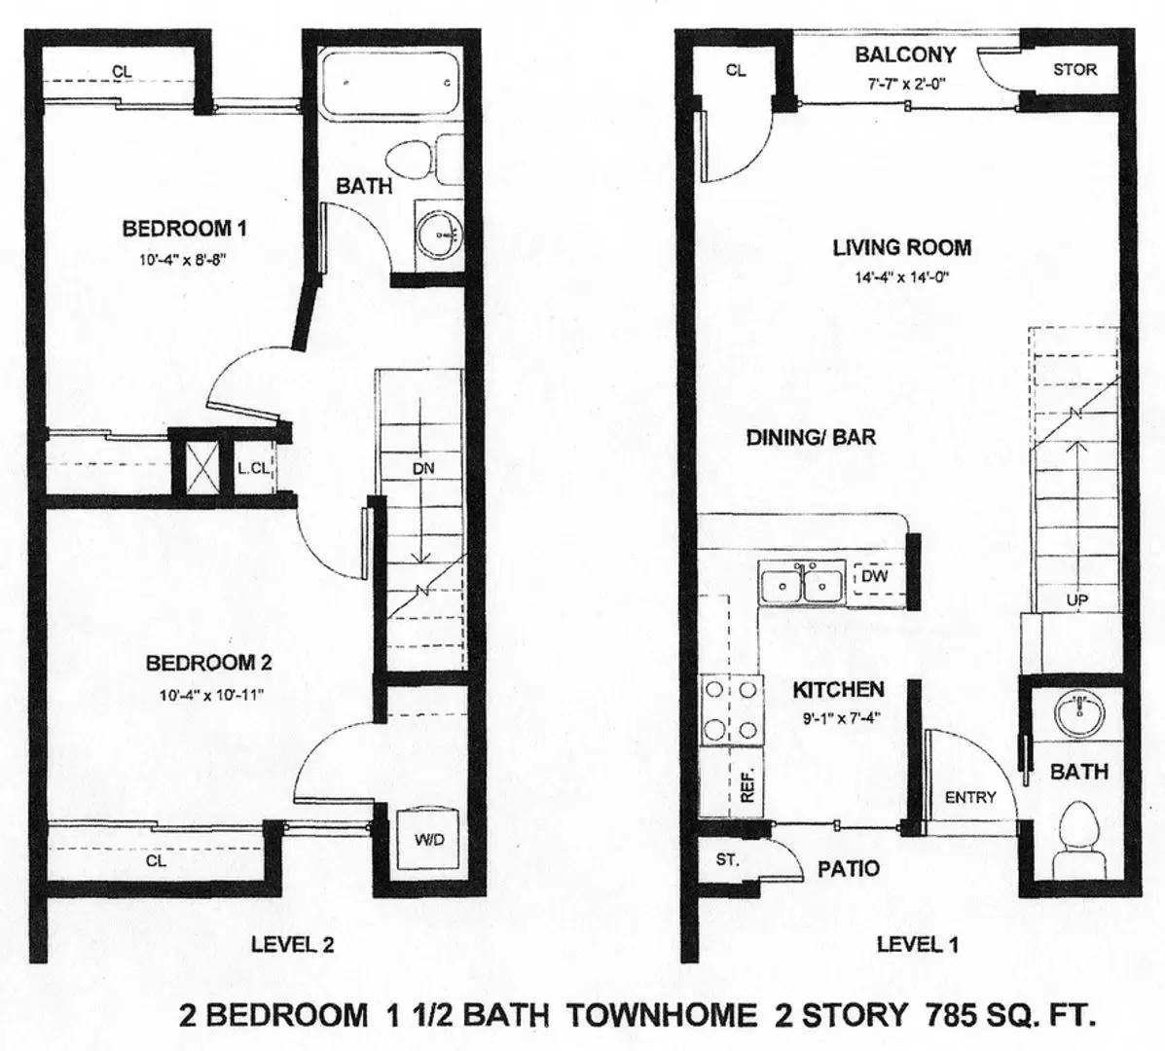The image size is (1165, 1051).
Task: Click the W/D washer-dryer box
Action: (x=428, y=840)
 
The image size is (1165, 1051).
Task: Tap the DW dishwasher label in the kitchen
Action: (x=875, y=576)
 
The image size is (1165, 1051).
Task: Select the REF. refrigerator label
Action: (x=748, y=783)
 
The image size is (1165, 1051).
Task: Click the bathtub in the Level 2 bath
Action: (x=391, y=83)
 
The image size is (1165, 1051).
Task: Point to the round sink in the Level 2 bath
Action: (x=438, y=236)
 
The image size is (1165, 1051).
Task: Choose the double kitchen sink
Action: (x=802, y=583)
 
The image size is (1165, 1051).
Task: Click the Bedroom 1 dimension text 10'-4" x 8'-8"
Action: (x=182, y=260)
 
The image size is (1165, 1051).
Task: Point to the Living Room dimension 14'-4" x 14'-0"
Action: (x=902, y=277)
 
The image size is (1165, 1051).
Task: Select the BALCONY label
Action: (x=905, y=54)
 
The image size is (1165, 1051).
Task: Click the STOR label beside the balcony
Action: (x=1074, y=70)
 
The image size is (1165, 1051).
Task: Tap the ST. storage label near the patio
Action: (x=727, y=860)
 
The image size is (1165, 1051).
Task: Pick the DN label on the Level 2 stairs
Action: (x=422, y=469)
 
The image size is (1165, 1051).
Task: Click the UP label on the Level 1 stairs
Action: (x=1076, y=599)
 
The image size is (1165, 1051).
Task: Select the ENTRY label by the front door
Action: (x=970, y=797)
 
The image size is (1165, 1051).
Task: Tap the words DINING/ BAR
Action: (x=811, y=437)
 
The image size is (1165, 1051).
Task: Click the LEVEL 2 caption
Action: (x=292, y=944)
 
